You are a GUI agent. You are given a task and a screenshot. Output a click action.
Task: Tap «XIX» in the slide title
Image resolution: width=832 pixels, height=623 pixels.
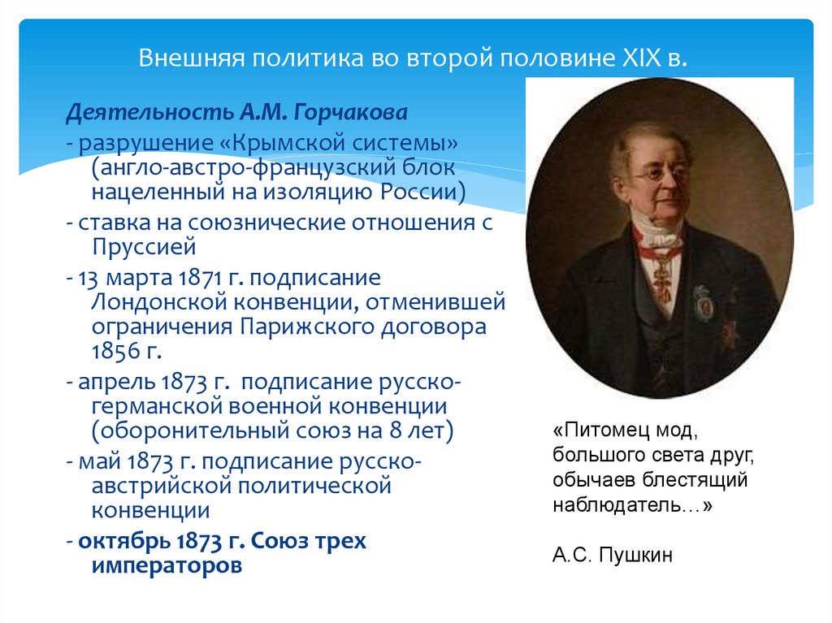pos(643,60)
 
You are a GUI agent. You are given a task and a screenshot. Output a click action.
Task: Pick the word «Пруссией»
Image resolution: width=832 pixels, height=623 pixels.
pos(143,245)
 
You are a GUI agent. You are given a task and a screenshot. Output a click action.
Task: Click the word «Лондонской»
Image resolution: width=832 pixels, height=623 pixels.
pos(154,302)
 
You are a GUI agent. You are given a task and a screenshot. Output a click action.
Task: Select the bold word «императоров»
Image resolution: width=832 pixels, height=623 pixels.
pos(166,565)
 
